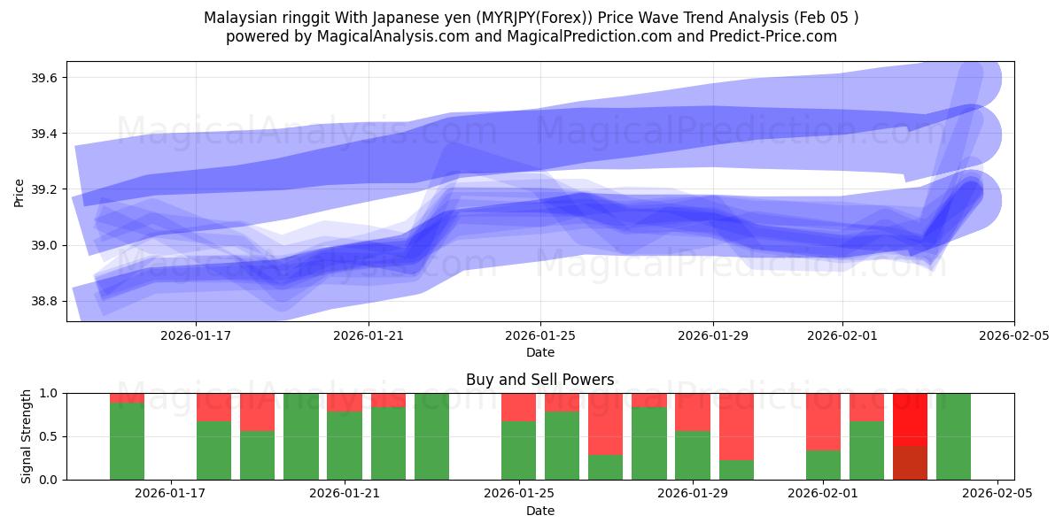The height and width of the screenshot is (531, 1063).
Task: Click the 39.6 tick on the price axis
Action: (44, 78)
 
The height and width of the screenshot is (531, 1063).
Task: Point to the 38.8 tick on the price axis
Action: (44, 301)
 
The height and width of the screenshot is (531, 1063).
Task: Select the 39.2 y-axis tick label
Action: (44, 189)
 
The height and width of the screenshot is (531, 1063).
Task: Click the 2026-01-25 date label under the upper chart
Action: (540, 335)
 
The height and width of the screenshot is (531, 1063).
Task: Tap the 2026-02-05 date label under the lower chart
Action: (998, 494)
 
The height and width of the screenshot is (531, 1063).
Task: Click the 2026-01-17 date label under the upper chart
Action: (196, 335)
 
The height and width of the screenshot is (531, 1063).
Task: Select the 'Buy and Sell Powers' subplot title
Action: (539, 380)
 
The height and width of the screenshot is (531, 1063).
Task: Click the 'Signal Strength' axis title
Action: (27, 435)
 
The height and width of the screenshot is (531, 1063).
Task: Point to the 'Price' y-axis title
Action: (19, 191)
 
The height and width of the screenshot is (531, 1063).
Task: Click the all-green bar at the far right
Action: (953, 435)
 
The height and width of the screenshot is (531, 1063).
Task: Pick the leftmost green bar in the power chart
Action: (127, 441)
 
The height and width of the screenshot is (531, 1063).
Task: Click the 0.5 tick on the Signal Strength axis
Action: (49, 436)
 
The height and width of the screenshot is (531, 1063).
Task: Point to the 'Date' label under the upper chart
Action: (540, 352)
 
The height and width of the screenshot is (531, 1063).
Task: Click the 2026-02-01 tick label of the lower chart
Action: (824, 494)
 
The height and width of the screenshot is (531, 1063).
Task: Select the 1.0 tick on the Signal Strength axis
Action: (49, 393)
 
